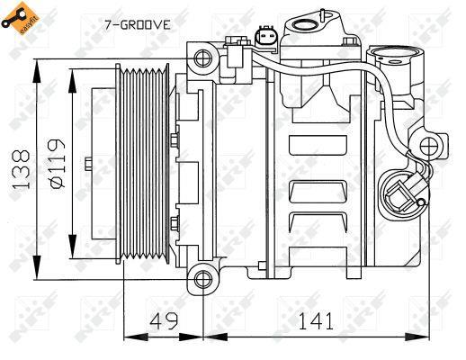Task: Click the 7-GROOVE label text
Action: (x=138, y=24)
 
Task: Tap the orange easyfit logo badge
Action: (x=21, y=19)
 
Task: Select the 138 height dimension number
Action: (x=21, y=169)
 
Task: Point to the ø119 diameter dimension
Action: (x=57, y=164)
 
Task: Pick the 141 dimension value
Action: (x=316, y=320)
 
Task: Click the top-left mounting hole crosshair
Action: (x=203, y=58)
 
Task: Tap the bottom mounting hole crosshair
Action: (x=203, y=280)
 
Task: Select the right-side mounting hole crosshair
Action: (x=429, y=147)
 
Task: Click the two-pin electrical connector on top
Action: (x=266, y=38)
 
